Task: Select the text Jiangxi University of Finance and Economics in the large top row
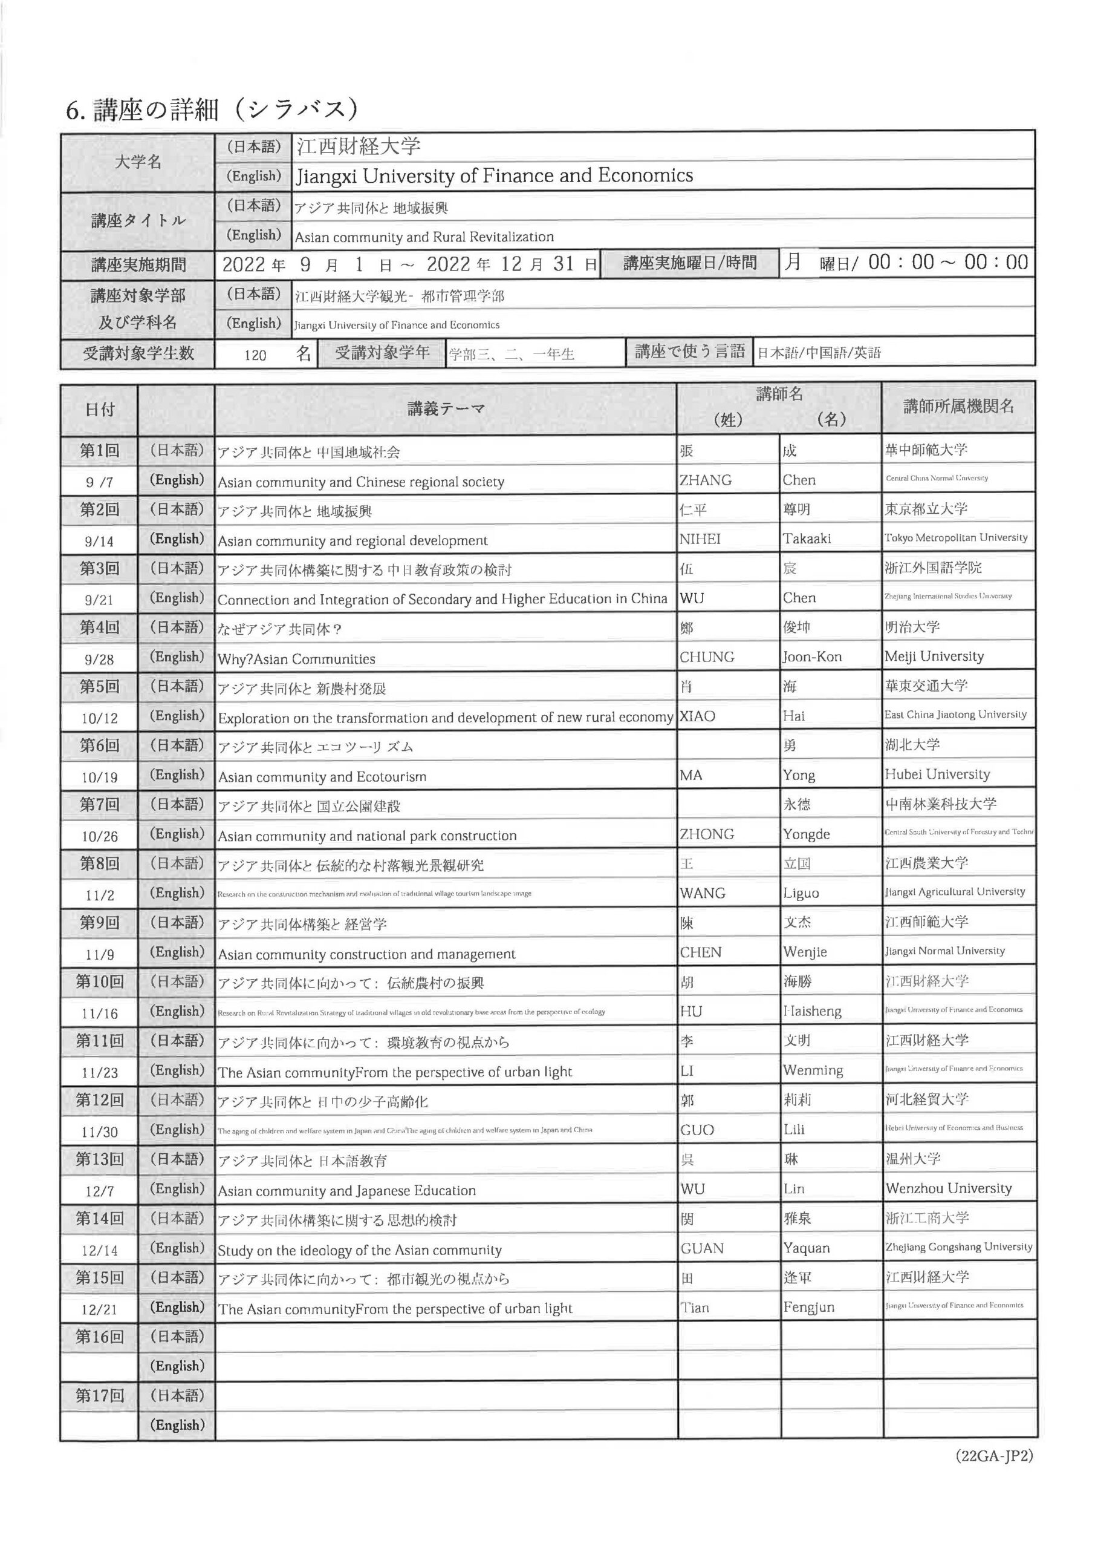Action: pos(494,176)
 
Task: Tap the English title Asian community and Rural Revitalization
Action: pos(424,237)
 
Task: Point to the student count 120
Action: pos(255,355)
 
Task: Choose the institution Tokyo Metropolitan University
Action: pos(955,538)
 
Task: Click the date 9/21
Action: pos(99,600)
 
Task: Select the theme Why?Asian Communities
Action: pos(296,659)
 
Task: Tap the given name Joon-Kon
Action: pos(812,657)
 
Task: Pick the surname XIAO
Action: pos(697,716)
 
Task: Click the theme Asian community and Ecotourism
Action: pos(322,776)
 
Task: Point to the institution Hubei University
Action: pos(937,774)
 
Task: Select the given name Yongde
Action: pos(807,834)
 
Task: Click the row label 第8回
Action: pos(99,863)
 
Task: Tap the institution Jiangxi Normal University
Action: pos(944,951)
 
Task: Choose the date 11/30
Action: pos(99,1132)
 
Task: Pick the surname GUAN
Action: pos(702,1249)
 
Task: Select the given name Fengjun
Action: pos(808,1308)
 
